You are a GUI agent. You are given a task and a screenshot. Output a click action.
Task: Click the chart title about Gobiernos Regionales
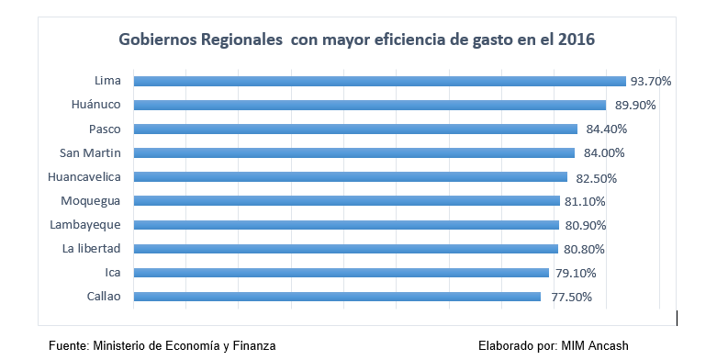(356, 40)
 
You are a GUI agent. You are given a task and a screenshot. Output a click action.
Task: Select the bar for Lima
(379, 81)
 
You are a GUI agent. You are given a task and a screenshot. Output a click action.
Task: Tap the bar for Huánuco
(369, 105)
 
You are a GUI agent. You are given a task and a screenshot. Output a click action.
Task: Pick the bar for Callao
(337, 296)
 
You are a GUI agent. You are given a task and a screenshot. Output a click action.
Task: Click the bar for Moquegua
(346, 200)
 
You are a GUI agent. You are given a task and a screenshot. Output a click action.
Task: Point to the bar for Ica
(341, 272)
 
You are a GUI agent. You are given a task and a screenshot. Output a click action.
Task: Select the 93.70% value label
(651, 81)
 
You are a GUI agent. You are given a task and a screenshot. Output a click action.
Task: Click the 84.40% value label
(602, 129)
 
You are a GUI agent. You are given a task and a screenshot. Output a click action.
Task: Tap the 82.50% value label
(593, 177)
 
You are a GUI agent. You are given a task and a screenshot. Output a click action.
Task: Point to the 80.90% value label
(585, 225)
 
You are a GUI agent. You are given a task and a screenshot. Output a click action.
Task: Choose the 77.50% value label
(566, 297)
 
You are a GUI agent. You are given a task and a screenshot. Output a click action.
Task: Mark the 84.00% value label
(600, 152)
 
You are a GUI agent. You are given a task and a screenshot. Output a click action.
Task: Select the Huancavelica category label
(84, 176)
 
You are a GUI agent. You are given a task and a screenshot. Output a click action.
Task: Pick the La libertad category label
(91, 248)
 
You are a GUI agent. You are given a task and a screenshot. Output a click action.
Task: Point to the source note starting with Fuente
(162, 345)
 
